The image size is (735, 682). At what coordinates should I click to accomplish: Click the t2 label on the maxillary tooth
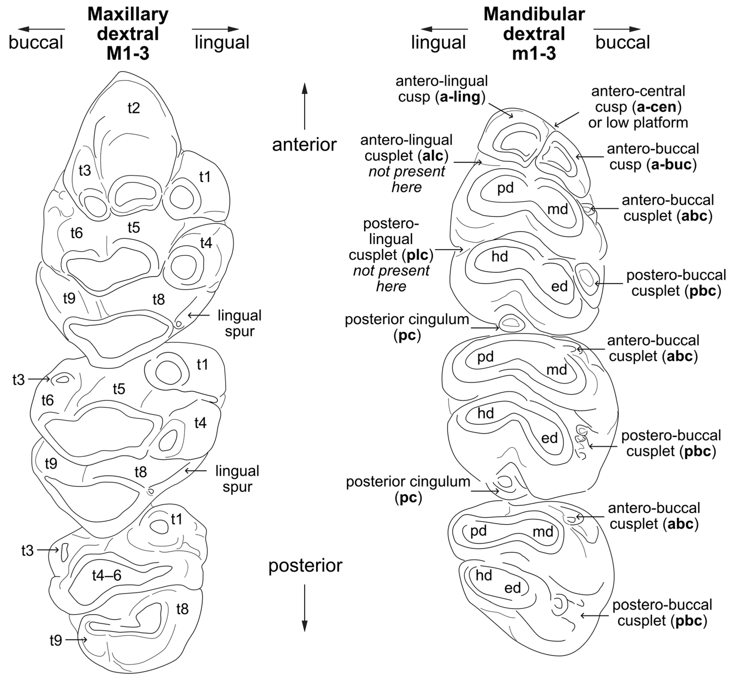pos(134,108)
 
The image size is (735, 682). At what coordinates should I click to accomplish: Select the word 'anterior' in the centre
pos(304,145)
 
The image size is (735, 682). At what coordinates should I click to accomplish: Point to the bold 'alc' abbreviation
pos(433,156)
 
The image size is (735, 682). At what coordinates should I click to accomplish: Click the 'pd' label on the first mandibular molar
pos(505,188)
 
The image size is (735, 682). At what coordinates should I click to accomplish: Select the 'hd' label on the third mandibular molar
pos(484,575)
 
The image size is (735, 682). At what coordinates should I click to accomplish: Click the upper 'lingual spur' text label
pos(239,323)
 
